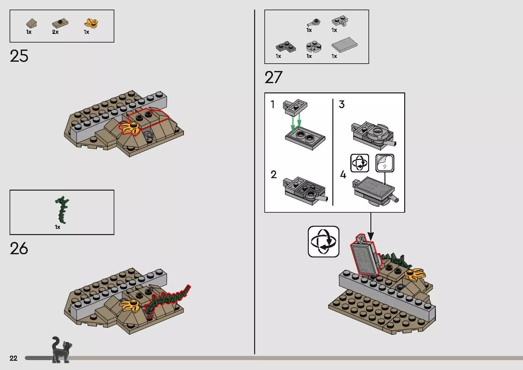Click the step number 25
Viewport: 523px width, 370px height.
pos(19,56)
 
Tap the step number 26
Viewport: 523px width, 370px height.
pos(19,248)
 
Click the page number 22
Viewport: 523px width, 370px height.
pos(13,358)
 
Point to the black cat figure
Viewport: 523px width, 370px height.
pos(61,350)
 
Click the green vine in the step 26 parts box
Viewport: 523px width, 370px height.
pos(62,210)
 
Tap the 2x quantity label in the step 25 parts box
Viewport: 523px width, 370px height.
pos(55,32)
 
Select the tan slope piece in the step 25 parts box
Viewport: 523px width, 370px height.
pos(32,23)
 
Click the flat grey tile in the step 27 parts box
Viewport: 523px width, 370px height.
pos(345,44)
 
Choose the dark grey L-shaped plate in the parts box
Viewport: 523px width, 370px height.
pos(286,47)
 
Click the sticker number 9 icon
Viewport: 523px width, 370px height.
pos(385,163)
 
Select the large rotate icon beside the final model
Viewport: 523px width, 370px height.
pos(324,241)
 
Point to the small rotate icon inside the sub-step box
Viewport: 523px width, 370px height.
pos(360,163)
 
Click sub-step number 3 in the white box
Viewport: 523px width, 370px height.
pos(342,104)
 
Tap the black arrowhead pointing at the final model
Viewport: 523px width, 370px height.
pos(371,236)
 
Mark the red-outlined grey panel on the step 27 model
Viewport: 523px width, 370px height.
pos(365,256)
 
